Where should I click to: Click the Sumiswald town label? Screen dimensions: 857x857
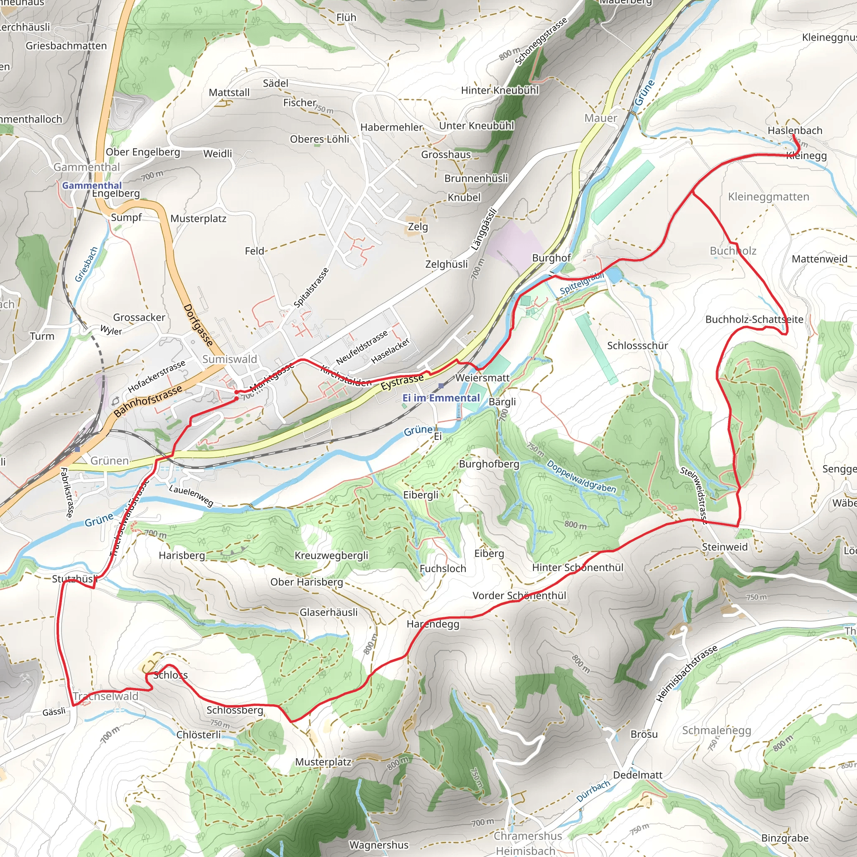pyautogui.click(x=229, y=359)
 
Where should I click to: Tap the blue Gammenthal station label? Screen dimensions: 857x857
pyautogui.click(x=91, y=185)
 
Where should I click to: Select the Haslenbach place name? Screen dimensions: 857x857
pyautogui.click(x=795, y=131)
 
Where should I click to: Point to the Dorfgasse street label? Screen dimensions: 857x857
pyautogui.click(x=198, y=325)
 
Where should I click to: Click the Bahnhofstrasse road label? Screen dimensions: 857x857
pyautogui.click(x=148, y=401)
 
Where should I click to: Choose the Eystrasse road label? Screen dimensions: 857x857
pyautogui.click(x=402, y=382)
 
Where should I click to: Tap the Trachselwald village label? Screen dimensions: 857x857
pyautogui.click(x=105, y=696)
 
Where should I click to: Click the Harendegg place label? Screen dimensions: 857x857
pyautogui.click(x=433, y=624)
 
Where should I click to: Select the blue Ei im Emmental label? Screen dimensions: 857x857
pyautogui.click(x=441, y=398)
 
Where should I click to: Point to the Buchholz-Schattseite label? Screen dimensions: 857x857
pyautogui.click(x=754, y=319)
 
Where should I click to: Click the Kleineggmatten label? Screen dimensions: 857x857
pyautogui.click(x=768, y=197)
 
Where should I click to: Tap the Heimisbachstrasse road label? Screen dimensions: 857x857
pyautogui.click(x=686, y=674)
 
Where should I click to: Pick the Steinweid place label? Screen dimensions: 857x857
pyautogui.click(x=724, y=547)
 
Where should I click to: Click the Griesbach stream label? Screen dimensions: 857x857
pyautogui.click(x=86, y=264)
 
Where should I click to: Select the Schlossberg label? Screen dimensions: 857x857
pyautogui.click(x=235, y=710)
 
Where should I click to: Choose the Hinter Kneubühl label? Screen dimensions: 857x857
pyautogui.click(x=500, y=90)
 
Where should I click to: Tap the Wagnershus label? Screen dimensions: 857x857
pyautogui.click(x=378, y=844)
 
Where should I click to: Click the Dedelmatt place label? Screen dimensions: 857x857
pyautogui.click(x=637, y=775)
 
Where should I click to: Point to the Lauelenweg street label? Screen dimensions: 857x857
pyautogui.click(x=191, y=495)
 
